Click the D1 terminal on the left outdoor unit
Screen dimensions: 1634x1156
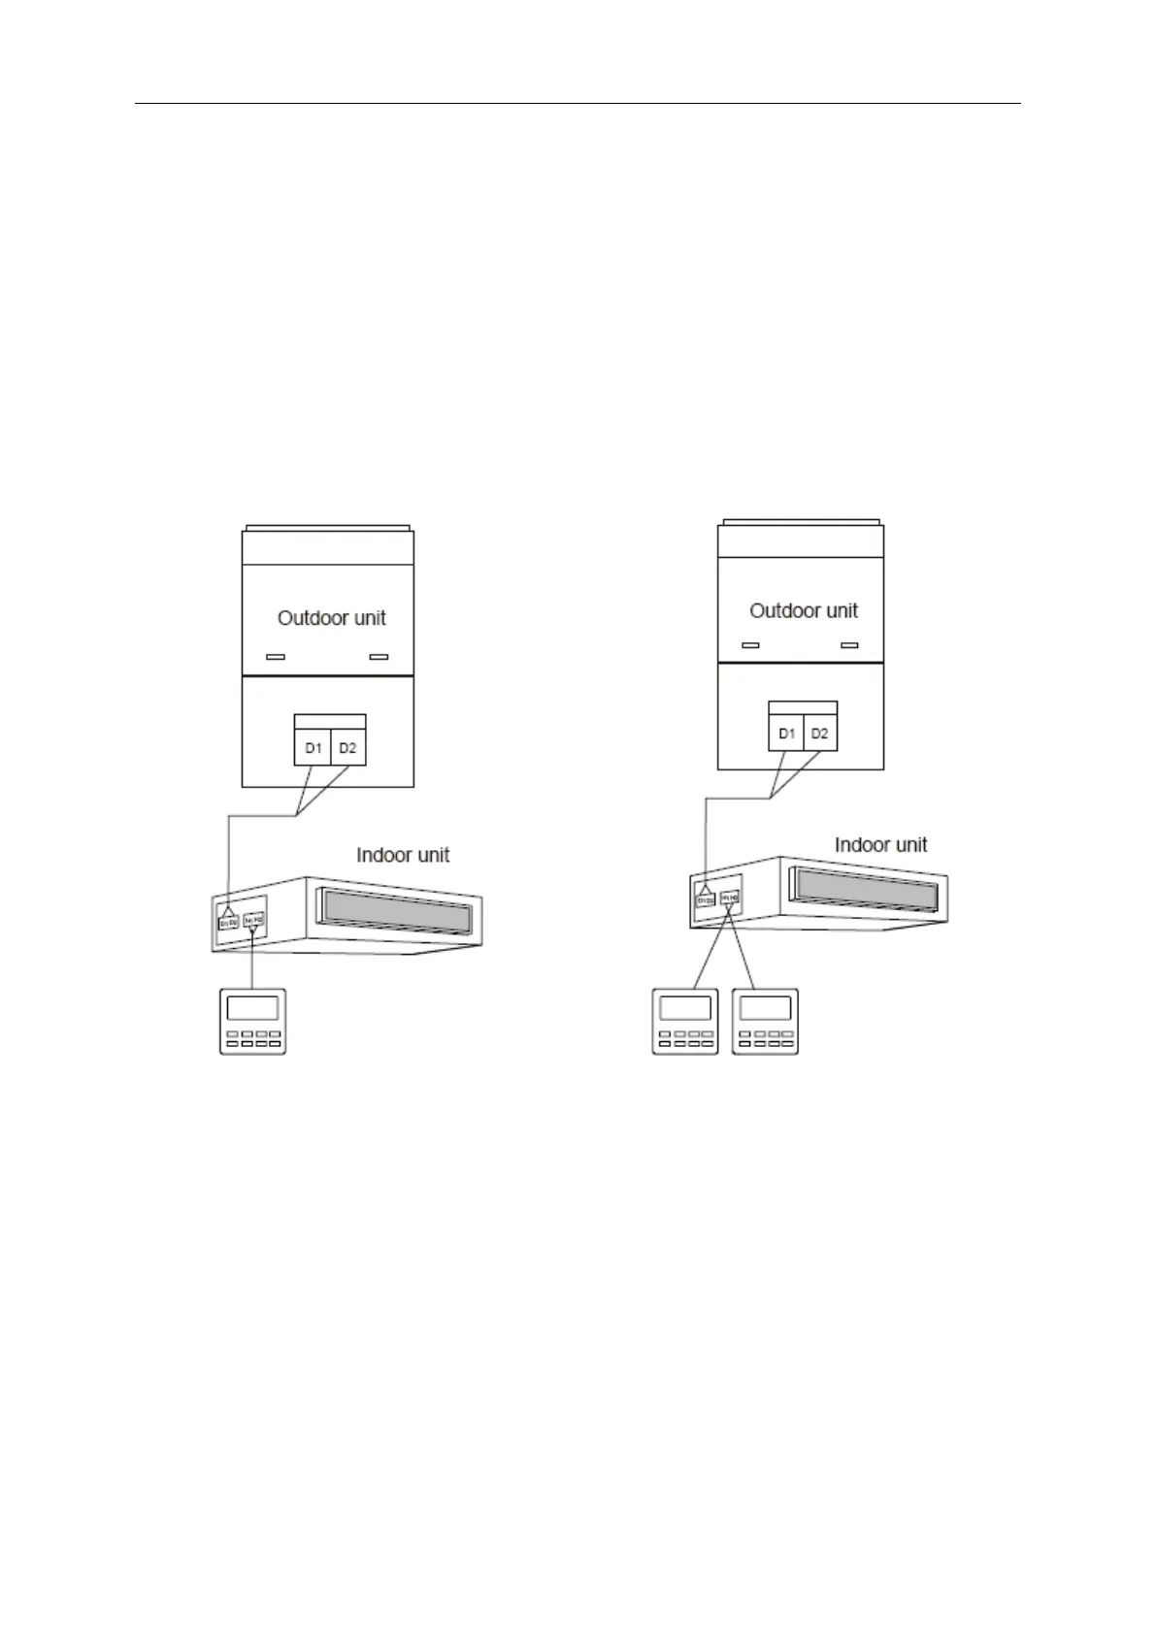[313, 748]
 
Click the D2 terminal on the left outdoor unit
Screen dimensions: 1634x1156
[347, 748]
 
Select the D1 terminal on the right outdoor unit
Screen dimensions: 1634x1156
[786, 734]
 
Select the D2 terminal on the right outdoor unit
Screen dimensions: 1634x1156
[820, 734]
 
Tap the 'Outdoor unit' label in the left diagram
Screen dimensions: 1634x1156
[332, 618]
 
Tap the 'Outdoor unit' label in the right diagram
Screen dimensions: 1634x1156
[804, 610]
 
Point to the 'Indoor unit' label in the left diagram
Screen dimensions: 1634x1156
[403, 855]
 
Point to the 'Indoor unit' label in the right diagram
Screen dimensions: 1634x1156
[880, 844]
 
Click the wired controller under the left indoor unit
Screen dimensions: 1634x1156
[252, 1021]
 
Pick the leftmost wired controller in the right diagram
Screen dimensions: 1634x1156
[685, 1021]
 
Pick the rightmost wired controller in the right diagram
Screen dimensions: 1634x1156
[765, 1021]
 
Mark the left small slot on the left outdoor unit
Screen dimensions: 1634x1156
[276, 657]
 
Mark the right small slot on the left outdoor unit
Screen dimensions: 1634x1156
[380, 657]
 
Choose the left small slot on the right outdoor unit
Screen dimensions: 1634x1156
[749, 645]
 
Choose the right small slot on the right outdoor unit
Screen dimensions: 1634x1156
[850, 645]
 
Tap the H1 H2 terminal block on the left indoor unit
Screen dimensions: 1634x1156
[253, 917]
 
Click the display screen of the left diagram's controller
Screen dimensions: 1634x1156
[252, 1008]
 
